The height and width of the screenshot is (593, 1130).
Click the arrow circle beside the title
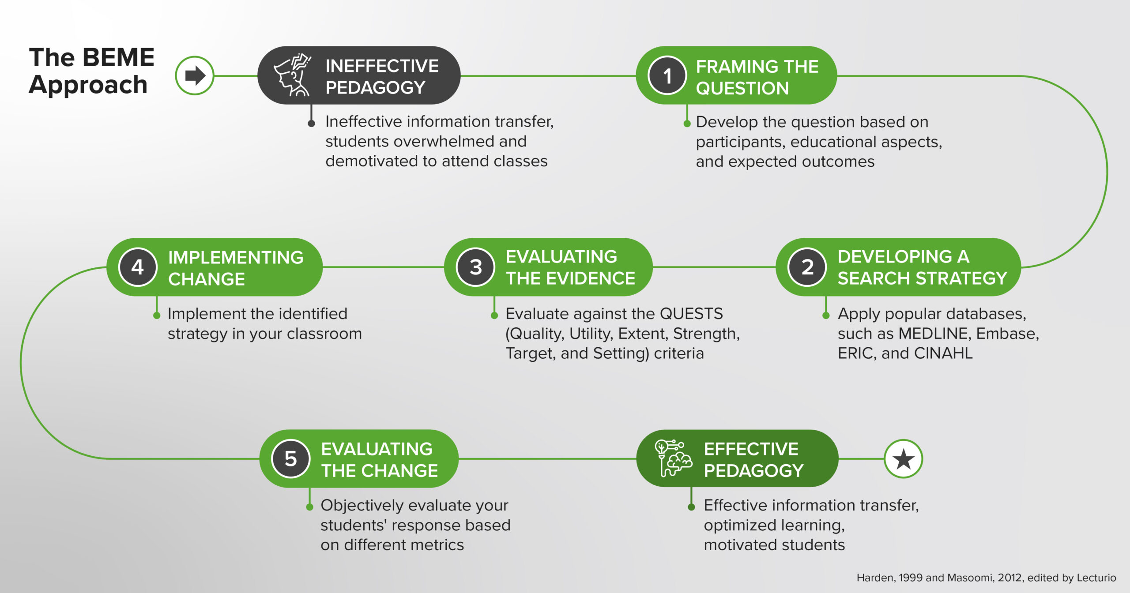[194, 75]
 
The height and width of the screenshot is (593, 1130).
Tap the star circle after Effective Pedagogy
[903, 459]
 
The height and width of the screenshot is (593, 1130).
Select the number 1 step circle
[667, 75]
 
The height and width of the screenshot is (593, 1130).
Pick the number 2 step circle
[807, 267]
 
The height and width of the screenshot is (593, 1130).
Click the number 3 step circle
[475, 267]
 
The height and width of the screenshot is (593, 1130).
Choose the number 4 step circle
[138, 267]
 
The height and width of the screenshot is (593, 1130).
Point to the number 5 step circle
[290, 459]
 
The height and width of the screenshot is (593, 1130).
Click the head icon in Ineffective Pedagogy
[293, 75]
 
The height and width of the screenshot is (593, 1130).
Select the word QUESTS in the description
[691, 314]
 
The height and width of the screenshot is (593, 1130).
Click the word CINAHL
[943, 353]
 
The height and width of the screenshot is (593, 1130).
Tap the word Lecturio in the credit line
[1096, 578]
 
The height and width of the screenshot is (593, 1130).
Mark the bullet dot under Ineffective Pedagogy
[311, 123]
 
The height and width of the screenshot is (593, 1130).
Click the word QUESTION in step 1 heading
[742, 88]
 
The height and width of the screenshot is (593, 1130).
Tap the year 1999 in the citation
[911, 578]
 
